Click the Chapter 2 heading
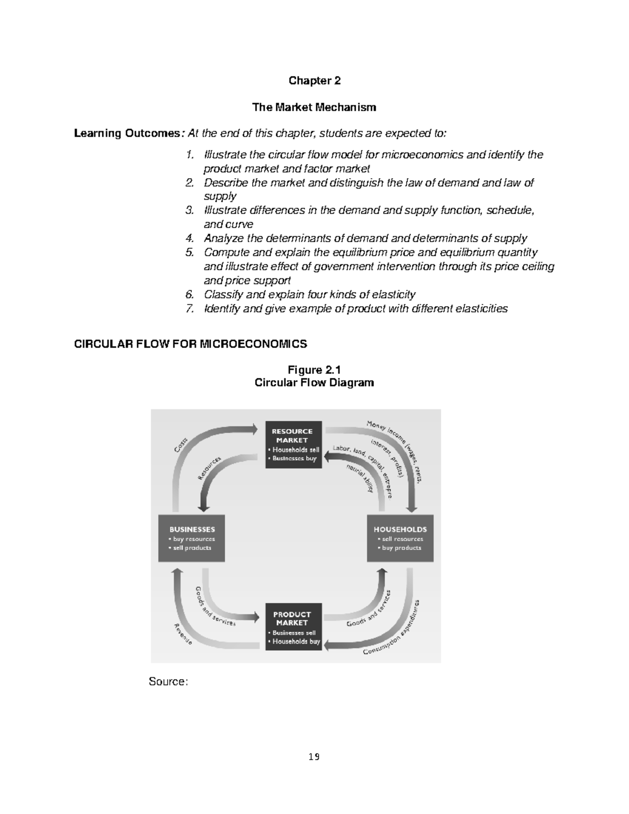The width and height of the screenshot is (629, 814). pyautogui.click(x=314, y=81)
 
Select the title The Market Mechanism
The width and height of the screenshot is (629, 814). pyautogui.click(x=314, y=107)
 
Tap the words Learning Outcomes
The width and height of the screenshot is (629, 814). pyautogui.click(x=127, y=134)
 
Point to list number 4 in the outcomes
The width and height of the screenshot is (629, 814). pyautogui.click(x=189, y=239)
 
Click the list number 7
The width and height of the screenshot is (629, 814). pyautogui.click(x=189, y=309)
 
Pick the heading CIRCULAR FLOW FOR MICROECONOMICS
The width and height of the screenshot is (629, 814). pyautogui.click(x=190, y=344)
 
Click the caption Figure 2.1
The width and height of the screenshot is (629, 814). pyautogui.click(x=314, y=371)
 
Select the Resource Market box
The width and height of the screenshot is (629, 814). pyautogui.click(x=293, y=444)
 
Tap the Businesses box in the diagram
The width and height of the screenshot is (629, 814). pyautogui.click(x=192, y=538)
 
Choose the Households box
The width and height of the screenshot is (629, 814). pyautogui.click(x=400, y=538)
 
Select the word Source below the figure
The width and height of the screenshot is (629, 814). pyautogui.click(x=168, y=682)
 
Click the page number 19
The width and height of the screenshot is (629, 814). pyautogui.click(x=314, y=756)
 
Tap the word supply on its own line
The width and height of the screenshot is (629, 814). pyautogui.click(x=220, y=197)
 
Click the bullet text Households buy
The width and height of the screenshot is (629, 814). pyautogui.click(x=296, y=641)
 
